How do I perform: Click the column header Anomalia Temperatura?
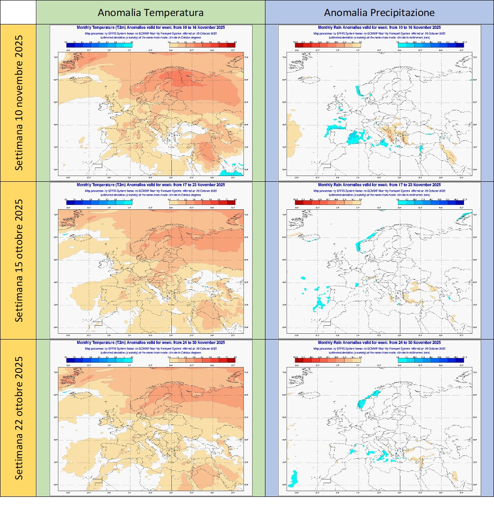[x=150, y=12]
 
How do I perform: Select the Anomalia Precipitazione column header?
[x=379, y=12]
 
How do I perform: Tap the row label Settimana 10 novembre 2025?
[x=19, y=103]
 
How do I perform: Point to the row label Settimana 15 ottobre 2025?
[x=19, y=260]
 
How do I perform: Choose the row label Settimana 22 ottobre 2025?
[x=19, y=418]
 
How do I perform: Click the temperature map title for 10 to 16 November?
[x=150, y=28]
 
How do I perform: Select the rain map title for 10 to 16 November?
[x=379, y=28]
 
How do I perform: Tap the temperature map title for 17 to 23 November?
[x=150, y=185]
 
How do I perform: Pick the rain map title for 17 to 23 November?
[x=379, y=185]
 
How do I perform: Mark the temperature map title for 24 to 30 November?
[x=150, y=343]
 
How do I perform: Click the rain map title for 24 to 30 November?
[x=379, y=343]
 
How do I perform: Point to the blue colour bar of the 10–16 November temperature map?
[x=99, y=45]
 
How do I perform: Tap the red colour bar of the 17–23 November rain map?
[x=328, y=202]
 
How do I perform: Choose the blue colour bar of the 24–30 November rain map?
[x=431, y=360]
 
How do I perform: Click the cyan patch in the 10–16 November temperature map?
[x=232, y=169]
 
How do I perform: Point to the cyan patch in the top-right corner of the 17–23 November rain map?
[x=464, y=216]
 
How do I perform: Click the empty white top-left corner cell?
[x=18, y=12]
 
